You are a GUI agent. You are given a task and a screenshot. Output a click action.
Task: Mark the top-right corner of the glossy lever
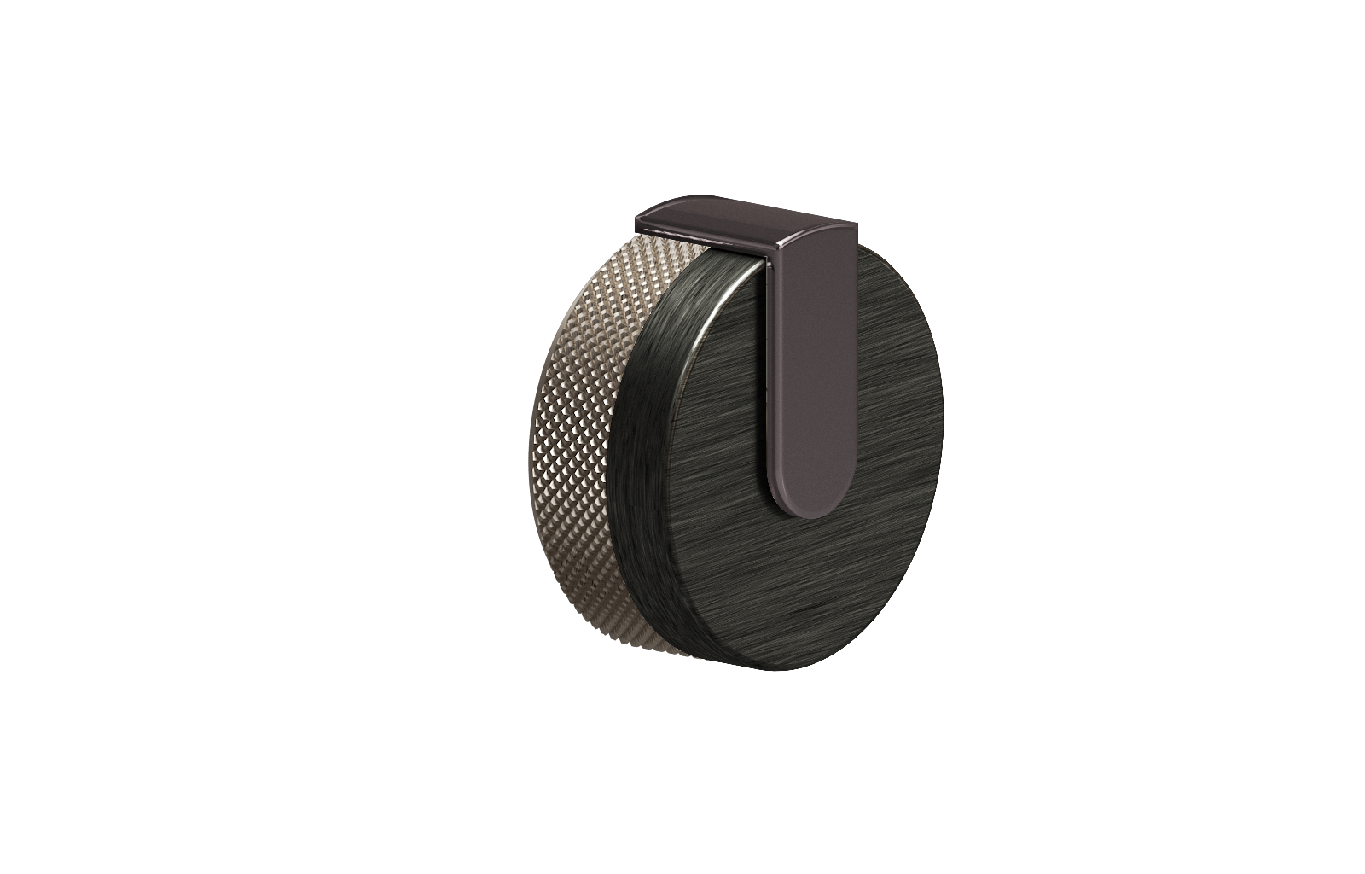tap(854, 224)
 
